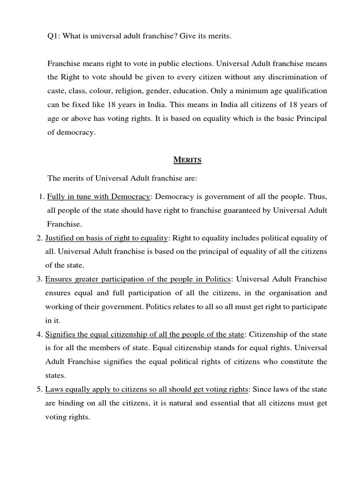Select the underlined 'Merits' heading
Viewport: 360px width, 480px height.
[x=187, y=160]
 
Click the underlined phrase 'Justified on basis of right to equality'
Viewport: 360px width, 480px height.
[x=106, y=238]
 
